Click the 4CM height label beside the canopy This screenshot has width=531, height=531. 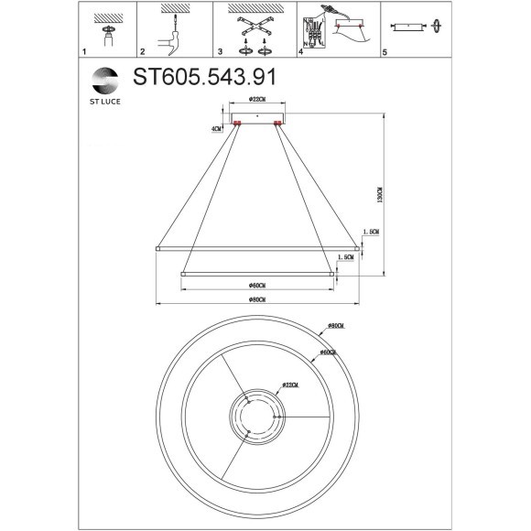[x=217, y=130]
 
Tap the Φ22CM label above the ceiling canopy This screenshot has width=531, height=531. [x=256, y=100]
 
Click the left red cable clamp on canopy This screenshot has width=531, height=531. [x=237, y=122]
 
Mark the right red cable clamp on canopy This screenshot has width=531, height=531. [x=277, y=122]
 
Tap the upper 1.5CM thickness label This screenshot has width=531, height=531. [x=371, y=233]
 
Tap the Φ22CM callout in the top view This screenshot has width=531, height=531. [x=293, y=385]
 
